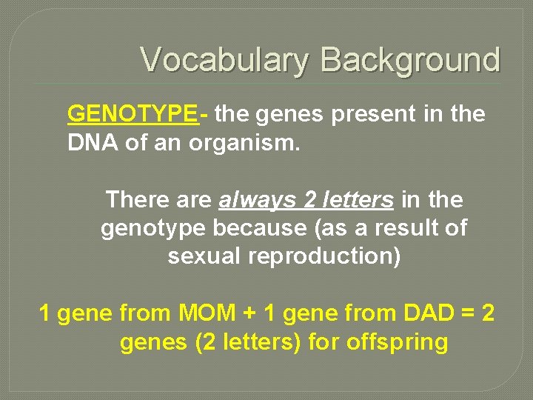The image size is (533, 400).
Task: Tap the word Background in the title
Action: [411, 60]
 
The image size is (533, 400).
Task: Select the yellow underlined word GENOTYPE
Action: [132, 114]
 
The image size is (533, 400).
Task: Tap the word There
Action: [138, 199]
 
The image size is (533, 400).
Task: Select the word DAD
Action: [429, 314]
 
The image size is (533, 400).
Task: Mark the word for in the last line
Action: [324, 342]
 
